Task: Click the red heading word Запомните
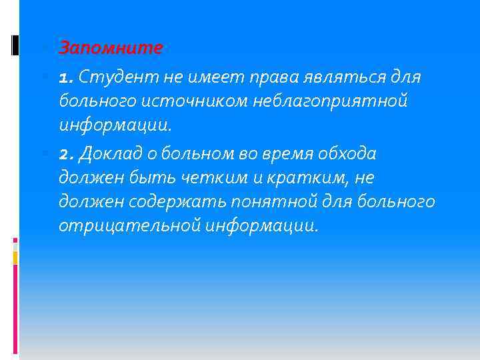tap(111, 48)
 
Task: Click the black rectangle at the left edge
tap(15, 45)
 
